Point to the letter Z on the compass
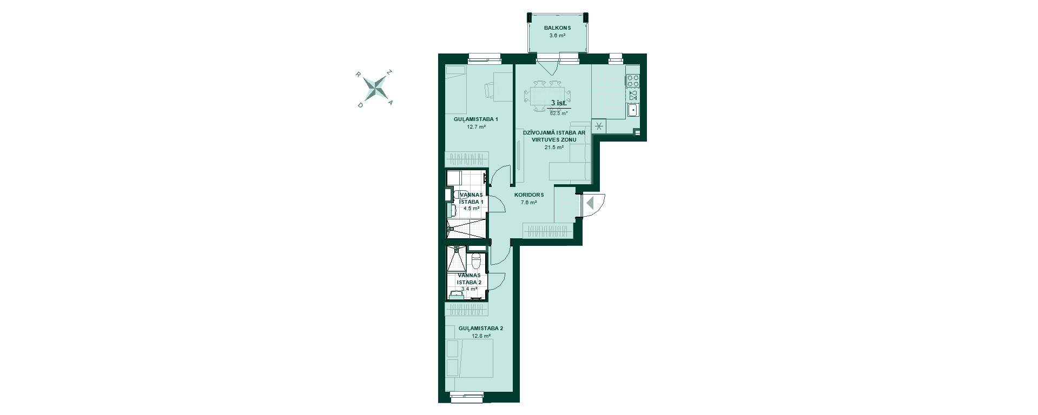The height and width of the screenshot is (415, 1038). pos(389,72)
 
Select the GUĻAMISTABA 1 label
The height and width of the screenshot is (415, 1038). pos(475,119)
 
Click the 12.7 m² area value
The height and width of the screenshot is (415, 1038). pos(476,128)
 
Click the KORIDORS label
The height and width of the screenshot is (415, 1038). pos(528,195)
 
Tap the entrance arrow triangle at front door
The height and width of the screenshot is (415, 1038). pos(590,203)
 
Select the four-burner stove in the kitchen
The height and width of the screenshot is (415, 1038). pos(633,82)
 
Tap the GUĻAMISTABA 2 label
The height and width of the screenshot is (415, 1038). pos(481,329)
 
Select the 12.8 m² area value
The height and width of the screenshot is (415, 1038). pos(481,336)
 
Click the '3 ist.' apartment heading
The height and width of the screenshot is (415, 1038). pos(559,103)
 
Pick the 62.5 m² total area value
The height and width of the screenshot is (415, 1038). pos(559,113)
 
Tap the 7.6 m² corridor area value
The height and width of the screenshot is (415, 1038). pos(528,203)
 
